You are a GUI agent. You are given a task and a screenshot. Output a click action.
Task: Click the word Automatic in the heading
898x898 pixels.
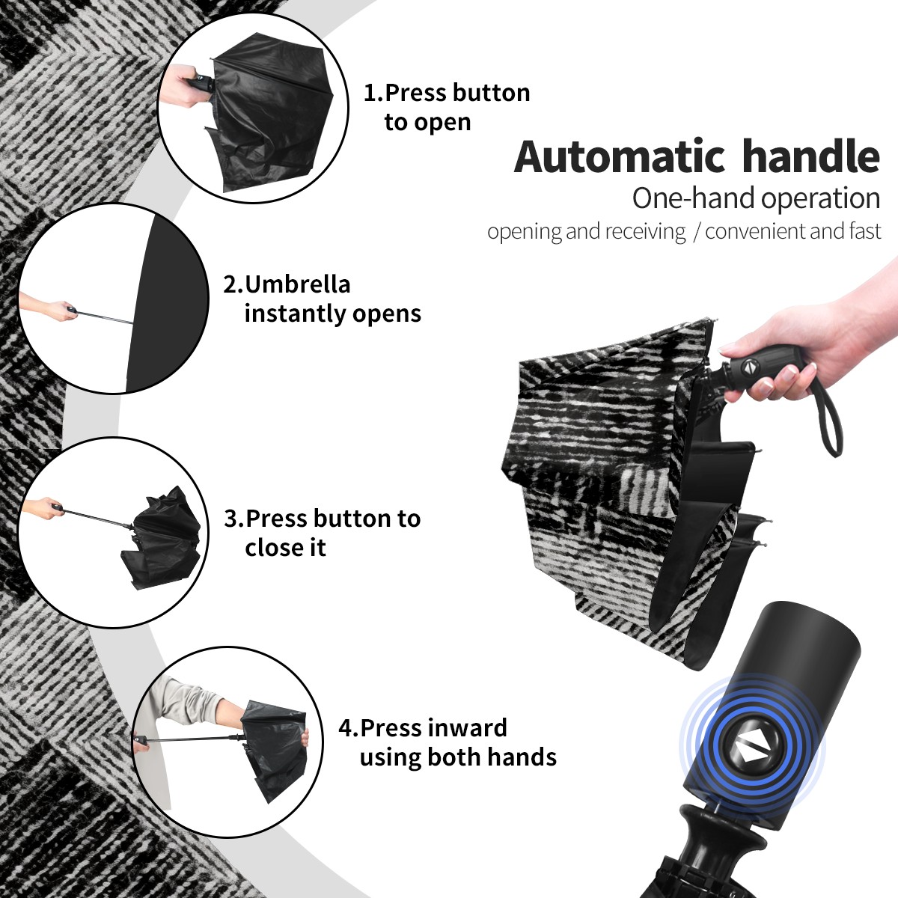point(620,156)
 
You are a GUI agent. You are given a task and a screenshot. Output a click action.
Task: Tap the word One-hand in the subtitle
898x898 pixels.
point(694,199)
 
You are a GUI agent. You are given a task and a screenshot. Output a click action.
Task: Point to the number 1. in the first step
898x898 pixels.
point(373,93)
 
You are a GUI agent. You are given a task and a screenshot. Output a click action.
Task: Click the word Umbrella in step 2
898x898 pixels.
point(297,284)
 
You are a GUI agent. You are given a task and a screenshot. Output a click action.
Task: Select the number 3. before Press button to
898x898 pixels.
point(234,519)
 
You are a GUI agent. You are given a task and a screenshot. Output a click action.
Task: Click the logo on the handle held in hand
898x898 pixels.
point(748,367)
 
